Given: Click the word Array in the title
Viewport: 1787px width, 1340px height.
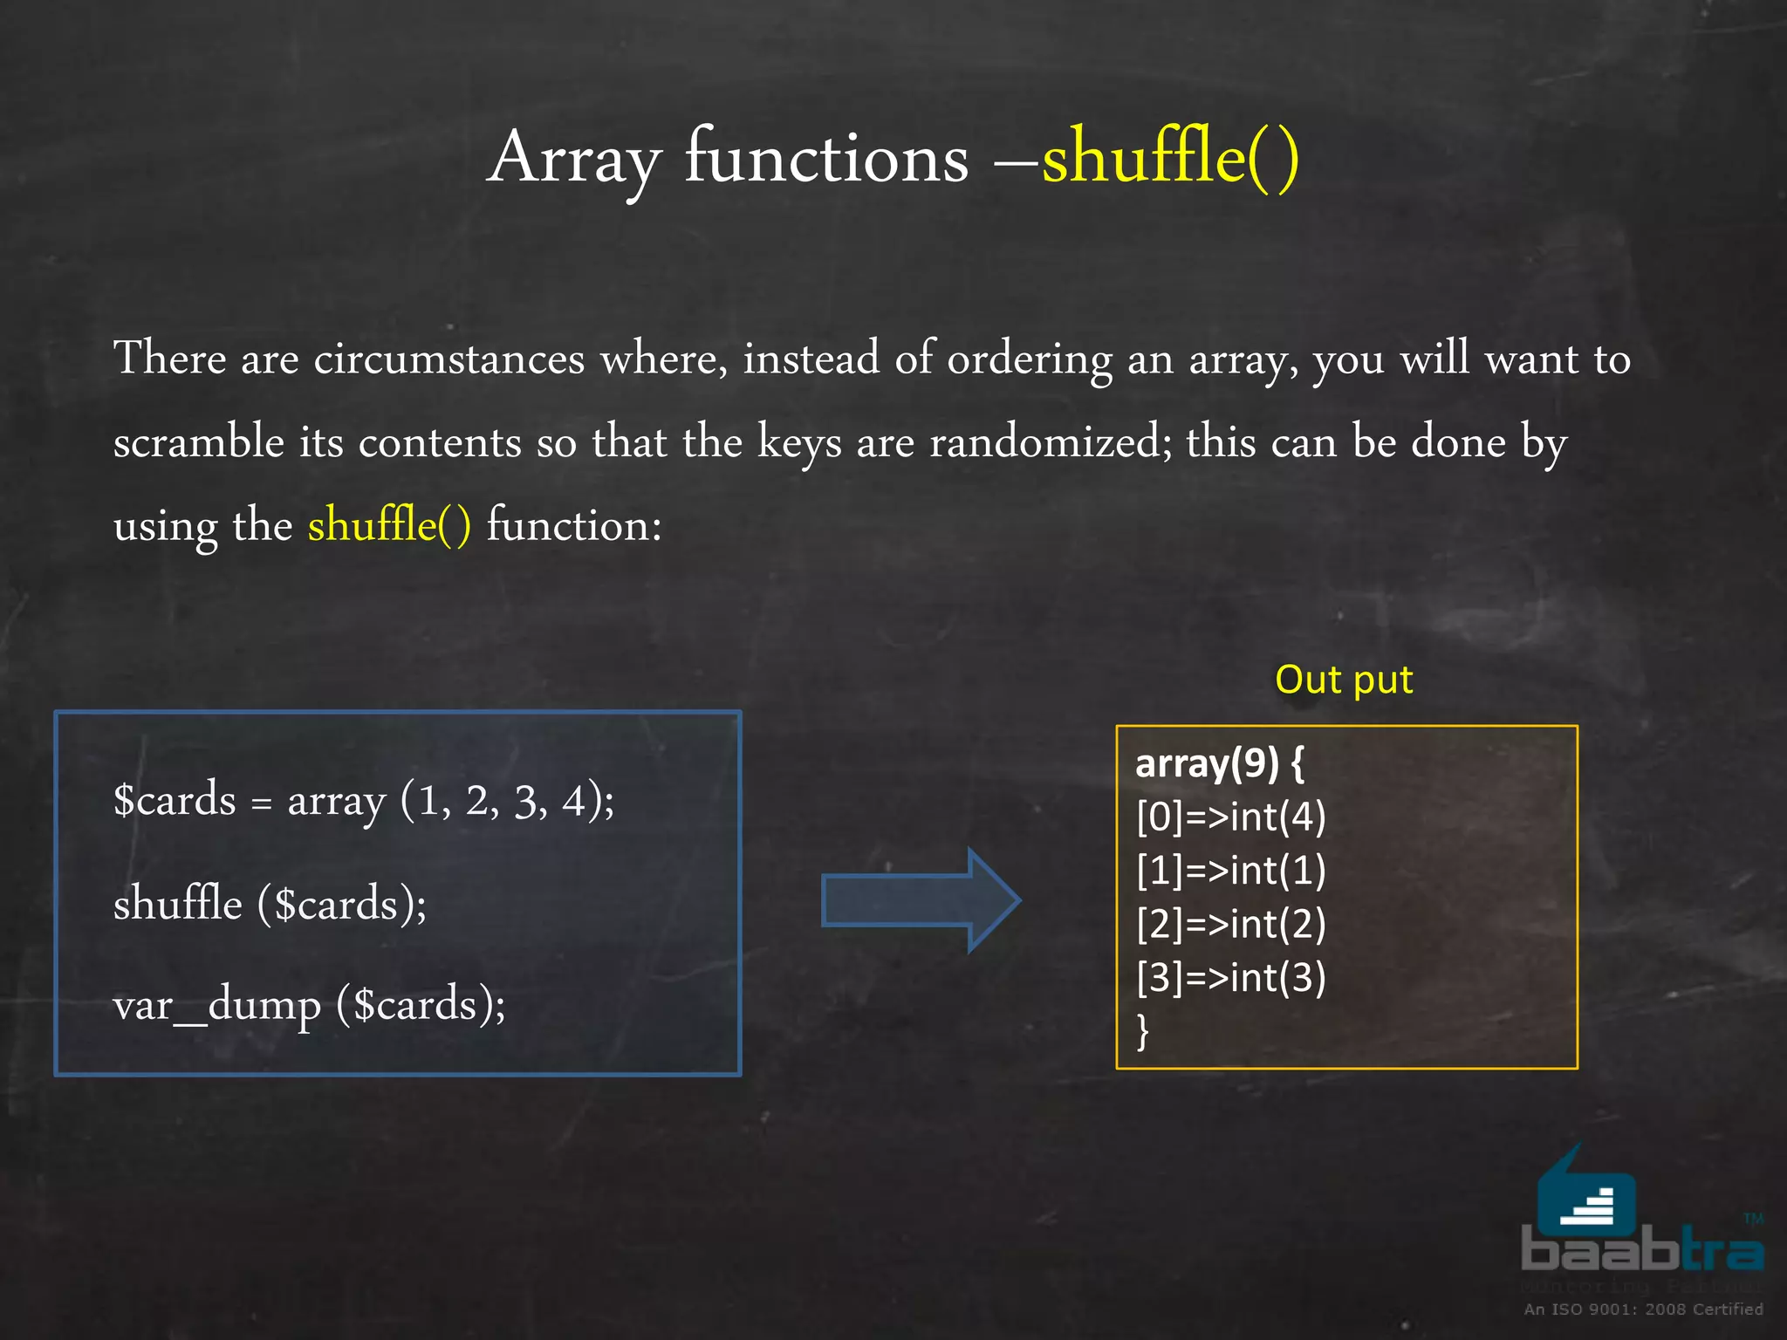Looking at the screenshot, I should click(x=573, y=159).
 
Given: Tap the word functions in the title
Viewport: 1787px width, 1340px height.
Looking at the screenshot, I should click(x=825, y=159).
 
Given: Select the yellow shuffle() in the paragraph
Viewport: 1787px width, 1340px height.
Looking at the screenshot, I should click(x=389, y=525).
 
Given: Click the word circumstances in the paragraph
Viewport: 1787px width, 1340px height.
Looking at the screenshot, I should click(x=448, y=359).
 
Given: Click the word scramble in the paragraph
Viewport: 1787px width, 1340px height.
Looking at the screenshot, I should click(x=199, y=442).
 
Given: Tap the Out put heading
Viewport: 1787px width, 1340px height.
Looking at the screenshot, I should click(x=1343, y=680).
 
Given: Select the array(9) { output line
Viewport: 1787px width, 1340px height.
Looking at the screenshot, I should click(x=1219, y=763).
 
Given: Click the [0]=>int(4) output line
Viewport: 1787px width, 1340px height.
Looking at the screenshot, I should click(x=1230, y=817).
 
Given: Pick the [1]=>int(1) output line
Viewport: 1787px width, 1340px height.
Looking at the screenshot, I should click(x=1230, y=871).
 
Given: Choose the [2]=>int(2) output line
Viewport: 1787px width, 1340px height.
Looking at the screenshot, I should click(x=1230, y=924).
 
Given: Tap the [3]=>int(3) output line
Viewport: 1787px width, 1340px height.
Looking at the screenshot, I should click(x=1230, y=977).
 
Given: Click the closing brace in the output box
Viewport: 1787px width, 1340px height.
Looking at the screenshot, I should click(x=1143, y=1030).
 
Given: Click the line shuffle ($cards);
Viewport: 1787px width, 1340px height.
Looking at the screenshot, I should click(x=270, y=904).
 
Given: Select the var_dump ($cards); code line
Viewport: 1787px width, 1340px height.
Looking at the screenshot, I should click(x=309, y=1005).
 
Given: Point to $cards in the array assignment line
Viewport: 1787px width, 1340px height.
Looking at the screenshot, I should click(x=175, y=800).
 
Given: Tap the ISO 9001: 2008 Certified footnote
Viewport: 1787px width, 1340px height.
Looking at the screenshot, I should click(x=1643, y=1309).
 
